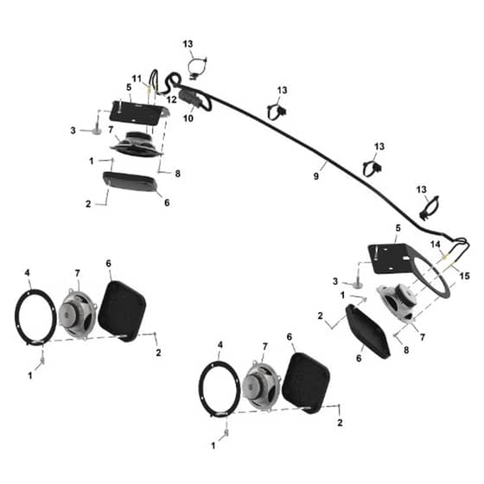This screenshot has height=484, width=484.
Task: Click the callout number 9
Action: pos(315,176)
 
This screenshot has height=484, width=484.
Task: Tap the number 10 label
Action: pos(188,118)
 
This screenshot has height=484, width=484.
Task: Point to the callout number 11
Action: pos(137,79)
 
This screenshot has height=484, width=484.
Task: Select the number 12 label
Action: pos(172,99)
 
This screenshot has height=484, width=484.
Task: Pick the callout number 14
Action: pos(436,245)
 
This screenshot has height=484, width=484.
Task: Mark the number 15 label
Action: pos(465,276)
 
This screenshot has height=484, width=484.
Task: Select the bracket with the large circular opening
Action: pos(408,269)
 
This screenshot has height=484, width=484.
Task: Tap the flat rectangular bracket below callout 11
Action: pos(138,112)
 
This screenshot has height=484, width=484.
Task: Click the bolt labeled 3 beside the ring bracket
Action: pos(356,285)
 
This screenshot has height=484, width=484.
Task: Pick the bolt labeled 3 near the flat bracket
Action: pos(96,131)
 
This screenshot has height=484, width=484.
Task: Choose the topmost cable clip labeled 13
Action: pos(197,67)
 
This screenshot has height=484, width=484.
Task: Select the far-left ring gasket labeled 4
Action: pos(35,317)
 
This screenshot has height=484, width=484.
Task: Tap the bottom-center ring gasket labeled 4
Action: pos(220,388)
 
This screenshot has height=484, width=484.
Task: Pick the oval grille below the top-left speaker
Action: pos(131,182)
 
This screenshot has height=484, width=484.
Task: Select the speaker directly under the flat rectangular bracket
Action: pos(137,143)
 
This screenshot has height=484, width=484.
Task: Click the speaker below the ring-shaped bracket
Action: pos(398,303)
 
